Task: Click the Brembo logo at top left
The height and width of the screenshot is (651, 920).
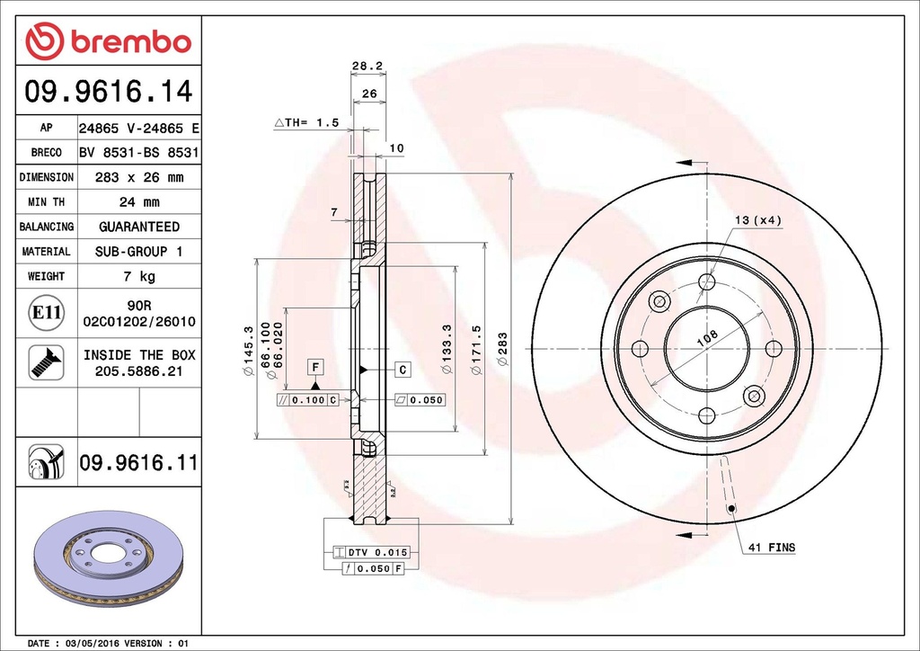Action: point(108,41)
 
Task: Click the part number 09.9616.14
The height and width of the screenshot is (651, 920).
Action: point(108,91)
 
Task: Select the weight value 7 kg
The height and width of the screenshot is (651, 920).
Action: point(138,276)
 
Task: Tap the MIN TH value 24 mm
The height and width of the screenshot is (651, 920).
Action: point(138,202)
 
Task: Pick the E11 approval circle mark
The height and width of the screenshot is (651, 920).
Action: point(46,313)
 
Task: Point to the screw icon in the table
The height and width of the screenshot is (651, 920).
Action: point(46,361)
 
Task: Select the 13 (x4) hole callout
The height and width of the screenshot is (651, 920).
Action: point(757,220)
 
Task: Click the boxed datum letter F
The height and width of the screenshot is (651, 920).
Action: point(315,366)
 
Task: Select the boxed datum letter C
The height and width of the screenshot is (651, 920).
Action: point(403,370)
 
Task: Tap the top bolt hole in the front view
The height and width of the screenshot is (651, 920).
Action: point(707,282)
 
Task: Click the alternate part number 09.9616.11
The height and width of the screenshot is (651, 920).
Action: point(138,463)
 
